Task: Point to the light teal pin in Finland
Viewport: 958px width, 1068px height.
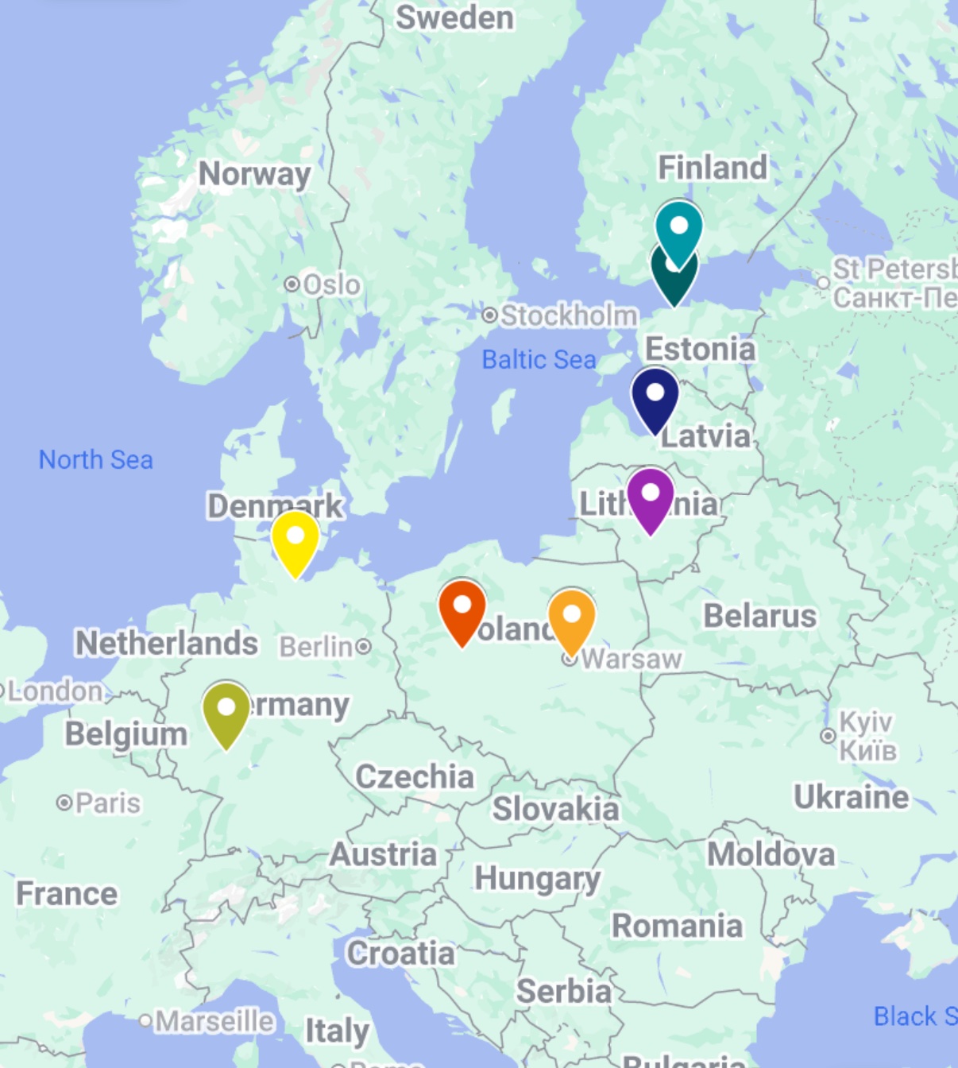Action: point(679,228)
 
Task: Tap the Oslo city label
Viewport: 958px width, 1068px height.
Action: point(331,284)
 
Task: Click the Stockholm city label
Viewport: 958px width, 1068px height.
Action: point(569,315)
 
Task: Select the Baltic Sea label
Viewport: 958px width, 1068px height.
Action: point(539,359)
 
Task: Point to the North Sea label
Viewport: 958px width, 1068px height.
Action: point(96,459)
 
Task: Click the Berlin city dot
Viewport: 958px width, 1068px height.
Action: point(363,646)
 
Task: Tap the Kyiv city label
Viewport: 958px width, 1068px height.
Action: point(867,736)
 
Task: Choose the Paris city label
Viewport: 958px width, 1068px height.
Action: point(108,803)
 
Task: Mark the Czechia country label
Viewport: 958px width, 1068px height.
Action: point(414,776)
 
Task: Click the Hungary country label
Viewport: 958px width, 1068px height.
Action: point(537,879)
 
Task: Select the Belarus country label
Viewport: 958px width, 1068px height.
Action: point(759,616)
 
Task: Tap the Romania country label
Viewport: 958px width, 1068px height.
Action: point(677,926)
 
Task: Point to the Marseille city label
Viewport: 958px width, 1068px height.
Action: point(214,1020)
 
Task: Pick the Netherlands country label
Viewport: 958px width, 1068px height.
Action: point(166,643)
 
